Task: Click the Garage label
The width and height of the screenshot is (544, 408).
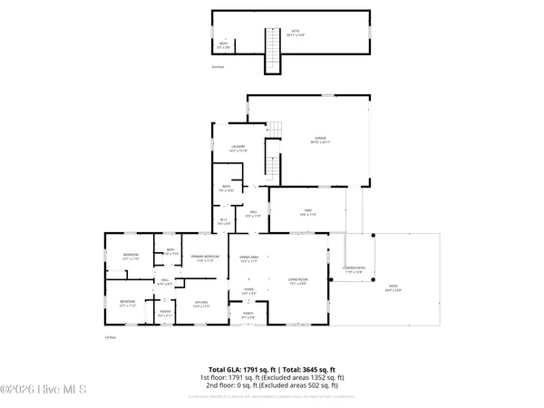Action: click(x=314, y=141)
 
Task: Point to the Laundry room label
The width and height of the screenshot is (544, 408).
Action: click(x=238, y=148)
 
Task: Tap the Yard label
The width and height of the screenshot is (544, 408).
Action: click(x=306, y=213)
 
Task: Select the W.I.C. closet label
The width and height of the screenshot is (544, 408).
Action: click(x=223, y=220)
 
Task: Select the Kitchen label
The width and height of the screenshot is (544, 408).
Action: click(x=202, y=305)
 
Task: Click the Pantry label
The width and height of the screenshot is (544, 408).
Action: click(x=165, y=314)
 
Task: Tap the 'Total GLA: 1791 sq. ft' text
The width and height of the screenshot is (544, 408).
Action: click(x=238, y=370)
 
